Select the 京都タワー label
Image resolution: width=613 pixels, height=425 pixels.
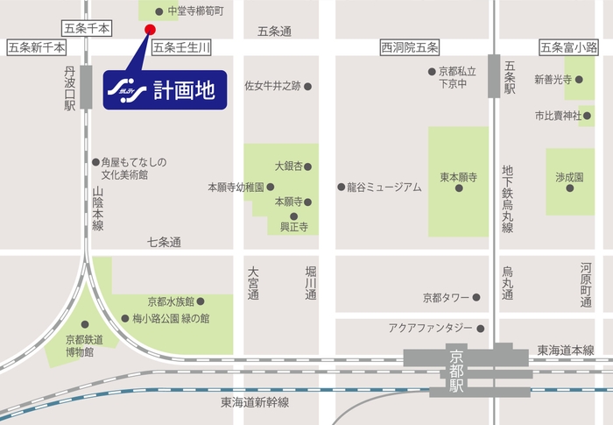[446, 298]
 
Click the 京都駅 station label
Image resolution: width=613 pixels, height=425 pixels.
[456, 369]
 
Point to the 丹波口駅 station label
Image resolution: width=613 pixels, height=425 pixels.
[70, 87]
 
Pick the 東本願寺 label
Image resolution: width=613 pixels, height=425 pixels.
[458, 176]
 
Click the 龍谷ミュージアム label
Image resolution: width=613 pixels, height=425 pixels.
[384, 188]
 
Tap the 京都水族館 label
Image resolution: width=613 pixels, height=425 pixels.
[170, 301]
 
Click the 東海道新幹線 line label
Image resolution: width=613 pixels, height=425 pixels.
[255, 402]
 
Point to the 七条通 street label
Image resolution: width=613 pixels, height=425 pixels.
[164, 242]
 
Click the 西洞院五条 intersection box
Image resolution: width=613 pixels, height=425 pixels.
[410, 47]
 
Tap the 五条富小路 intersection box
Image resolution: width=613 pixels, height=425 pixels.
[568, 47]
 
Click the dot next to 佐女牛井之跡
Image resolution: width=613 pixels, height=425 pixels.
[307, 86]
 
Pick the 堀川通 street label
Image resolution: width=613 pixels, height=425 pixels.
[309, 283]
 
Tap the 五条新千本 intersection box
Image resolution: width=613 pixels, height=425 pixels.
[36, 47]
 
